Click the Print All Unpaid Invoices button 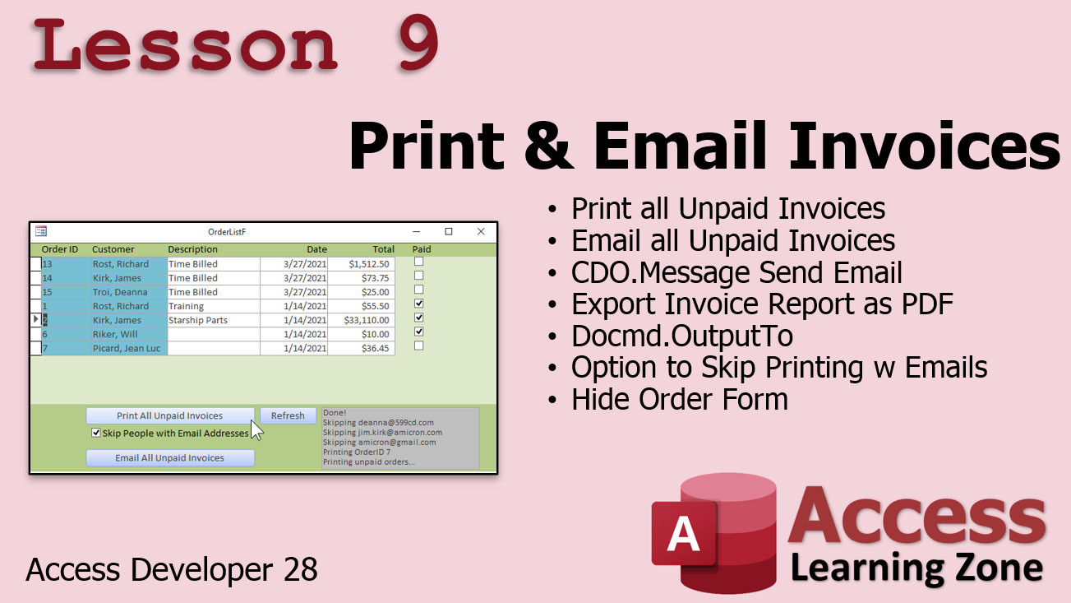coord(170,415)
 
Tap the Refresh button coord(288,415)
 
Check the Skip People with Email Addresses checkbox coord(96,433)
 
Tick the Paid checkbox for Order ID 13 coord(419,262)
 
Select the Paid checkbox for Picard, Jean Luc coord(419,346)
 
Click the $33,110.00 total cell coord(361,320)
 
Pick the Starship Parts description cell coord(214,320)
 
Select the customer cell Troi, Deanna coord(129,292)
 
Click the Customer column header coord(113,249)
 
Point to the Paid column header coord(422,249)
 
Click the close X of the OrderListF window coord(481,232)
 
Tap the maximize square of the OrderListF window coord(449,232)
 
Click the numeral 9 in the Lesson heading coord(418,42)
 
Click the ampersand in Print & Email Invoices coord(549,146)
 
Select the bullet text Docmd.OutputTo coord(682,336)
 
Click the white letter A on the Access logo coord(683,534)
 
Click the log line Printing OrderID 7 coord(357,452)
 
